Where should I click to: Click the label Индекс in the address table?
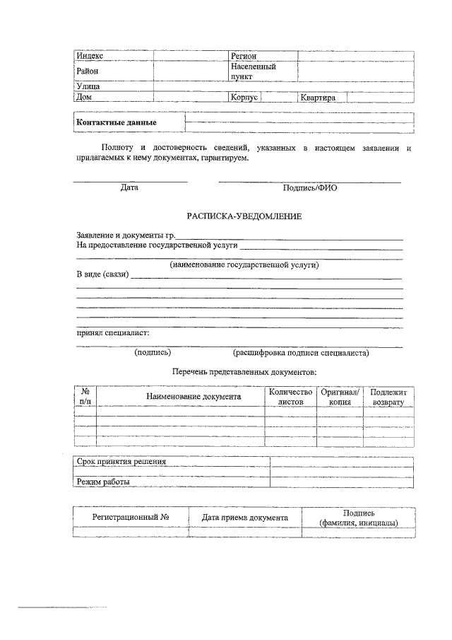click(90, 55)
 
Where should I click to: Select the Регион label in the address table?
click(243, 55)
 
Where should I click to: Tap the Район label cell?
click(88, 71)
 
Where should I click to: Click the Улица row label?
click(88, 86)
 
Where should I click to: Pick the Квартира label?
click(318, 98)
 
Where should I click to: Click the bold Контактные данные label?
click(116, 123)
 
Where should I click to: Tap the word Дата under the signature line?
click(129, 188)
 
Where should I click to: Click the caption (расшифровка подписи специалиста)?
click(301, 352)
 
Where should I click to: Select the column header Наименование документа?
click(194, 397)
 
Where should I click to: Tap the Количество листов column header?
click(290, 396)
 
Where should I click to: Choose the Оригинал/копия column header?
click(340, 396)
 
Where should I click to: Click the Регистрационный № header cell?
click(131, 517)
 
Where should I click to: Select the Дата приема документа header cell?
click(245, 518)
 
